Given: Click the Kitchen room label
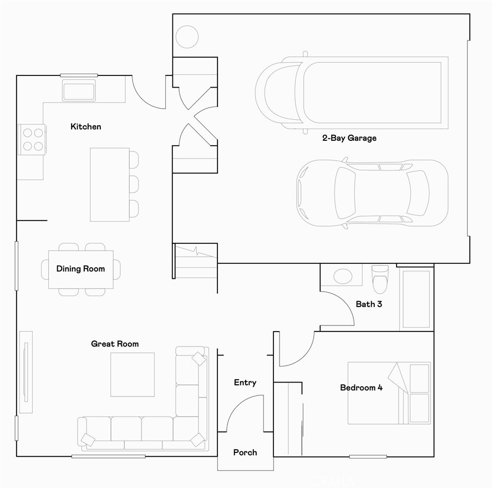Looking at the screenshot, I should point(86,127).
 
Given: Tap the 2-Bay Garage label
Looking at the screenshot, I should point(349,138).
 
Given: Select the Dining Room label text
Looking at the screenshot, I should point(80,269).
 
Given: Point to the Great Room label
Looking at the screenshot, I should point(115,344).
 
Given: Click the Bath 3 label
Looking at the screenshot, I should point(369,304).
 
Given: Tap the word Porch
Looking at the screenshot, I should point(245,453).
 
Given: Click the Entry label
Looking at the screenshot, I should point(245,383).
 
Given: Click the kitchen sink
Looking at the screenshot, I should point(78,90).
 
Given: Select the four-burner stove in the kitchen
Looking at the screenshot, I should point(32,139).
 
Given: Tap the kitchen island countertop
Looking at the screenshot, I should point(109,185).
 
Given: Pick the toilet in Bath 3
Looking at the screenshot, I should point(380,278).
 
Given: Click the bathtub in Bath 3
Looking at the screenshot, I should point(415,299).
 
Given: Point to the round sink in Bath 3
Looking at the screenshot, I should point(342,276).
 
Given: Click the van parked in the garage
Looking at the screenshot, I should point(352,92).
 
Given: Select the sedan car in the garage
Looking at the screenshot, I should point(372,193).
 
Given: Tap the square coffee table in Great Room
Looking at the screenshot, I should point(132,374).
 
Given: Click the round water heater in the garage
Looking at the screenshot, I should point(187,37).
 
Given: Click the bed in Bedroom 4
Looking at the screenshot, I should point(389,393).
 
